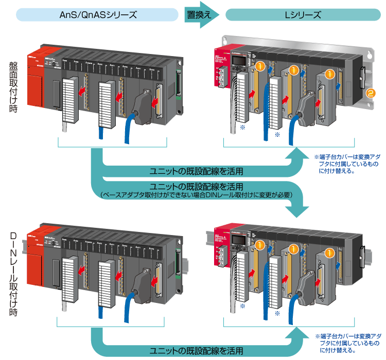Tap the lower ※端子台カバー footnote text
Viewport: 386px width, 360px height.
tap(344, 342)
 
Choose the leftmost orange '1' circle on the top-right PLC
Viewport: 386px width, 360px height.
tap(261, 66)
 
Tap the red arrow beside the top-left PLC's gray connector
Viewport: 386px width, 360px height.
tap(155, 103)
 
